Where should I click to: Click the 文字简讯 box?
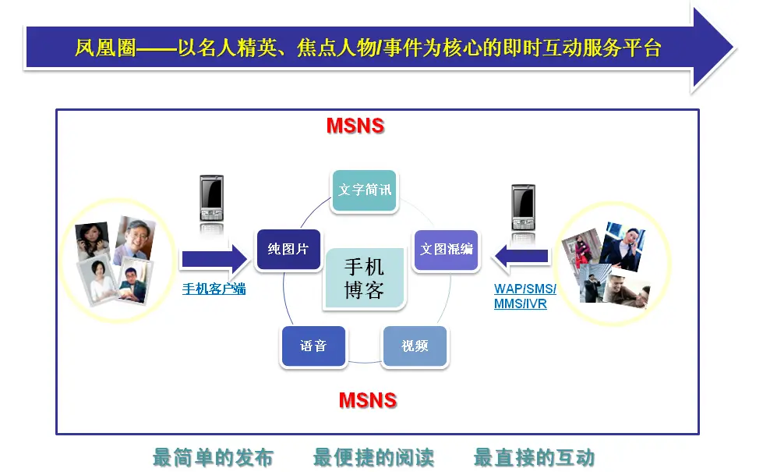point(364,190)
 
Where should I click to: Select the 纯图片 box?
point(288,250)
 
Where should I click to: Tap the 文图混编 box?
point(446,250)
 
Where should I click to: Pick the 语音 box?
point(313,346)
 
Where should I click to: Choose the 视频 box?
point(415,346)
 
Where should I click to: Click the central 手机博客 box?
point(364,279)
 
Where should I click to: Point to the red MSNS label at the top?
point(355,126)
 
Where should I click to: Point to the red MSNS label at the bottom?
point(368,400)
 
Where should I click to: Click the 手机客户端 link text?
point(214,289)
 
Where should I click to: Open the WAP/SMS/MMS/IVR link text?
point(525,296)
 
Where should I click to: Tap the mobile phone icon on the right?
point(523,207)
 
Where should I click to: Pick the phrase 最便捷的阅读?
point(373,458)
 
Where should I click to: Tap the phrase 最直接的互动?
point(534,458)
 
